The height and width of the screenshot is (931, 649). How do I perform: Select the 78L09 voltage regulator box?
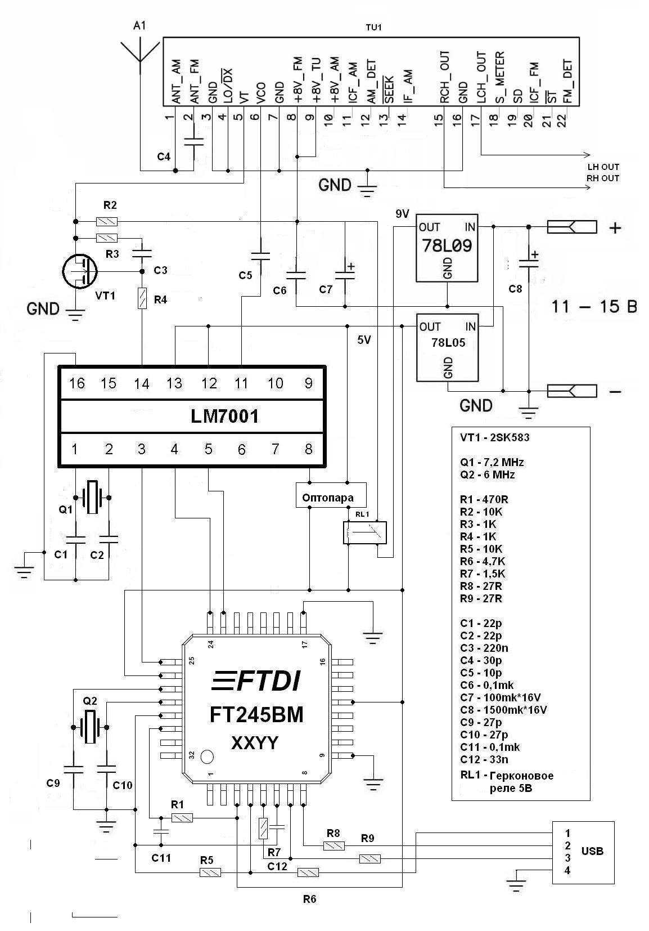(x=447, y=248)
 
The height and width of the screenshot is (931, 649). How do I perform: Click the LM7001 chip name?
(x=225, y=417)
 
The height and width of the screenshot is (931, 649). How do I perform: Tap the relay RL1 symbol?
(x=365, y=532)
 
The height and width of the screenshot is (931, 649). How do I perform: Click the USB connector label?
(x=592, y=851)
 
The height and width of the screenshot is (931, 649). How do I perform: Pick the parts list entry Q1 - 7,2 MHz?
(x=492, y=462)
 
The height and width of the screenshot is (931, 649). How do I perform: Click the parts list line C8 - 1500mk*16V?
(x=503, y=710)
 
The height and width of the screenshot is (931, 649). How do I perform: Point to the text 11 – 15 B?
(x=593, y=307)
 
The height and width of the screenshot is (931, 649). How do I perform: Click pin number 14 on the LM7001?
(x=142, y=384)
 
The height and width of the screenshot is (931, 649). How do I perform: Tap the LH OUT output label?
(x=603, y=167)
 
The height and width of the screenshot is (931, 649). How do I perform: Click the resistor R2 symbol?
(x=107, y=221)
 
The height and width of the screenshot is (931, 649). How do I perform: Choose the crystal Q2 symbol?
(x=90, y=727)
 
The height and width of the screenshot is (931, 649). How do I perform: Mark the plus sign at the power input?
(x=615, y=228)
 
